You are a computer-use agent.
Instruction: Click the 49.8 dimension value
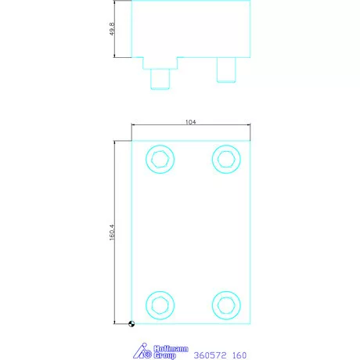click(x=113, y=29)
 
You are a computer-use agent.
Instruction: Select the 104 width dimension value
click(x=190, y=122)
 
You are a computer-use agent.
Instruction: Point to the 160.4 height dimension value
click(x=113, y=232)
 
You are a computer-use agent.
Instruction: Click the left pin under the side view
click(x=160, y=77)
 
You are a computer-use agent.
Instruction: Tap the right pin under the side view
click(x=226, y=70)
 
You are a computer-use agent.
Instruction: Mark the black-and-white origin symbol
click(x=131, y=323)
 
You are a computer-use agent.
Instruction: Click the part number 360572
click(x=209, y=355)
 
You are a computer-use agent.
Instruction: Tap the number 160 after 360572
click(x=239, y=355)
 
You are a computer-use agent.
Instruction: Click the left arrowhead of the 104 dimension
click(x=134, y=126)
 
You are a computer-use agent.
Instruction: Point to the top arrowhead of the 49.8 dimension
click(x=117, y=3)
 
